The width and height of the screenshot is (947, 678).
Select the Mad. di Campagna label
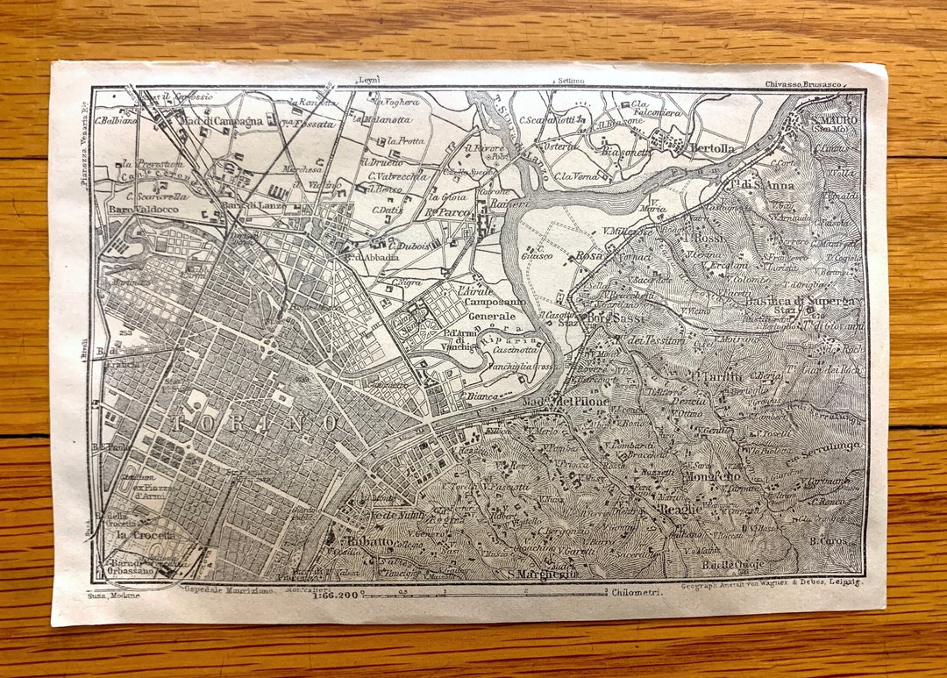[222, 121]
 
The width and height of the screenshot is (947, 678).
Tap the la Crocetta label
[146, 534]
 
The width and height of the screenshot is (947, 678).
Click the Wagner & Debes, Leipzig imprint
[772, 582]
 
